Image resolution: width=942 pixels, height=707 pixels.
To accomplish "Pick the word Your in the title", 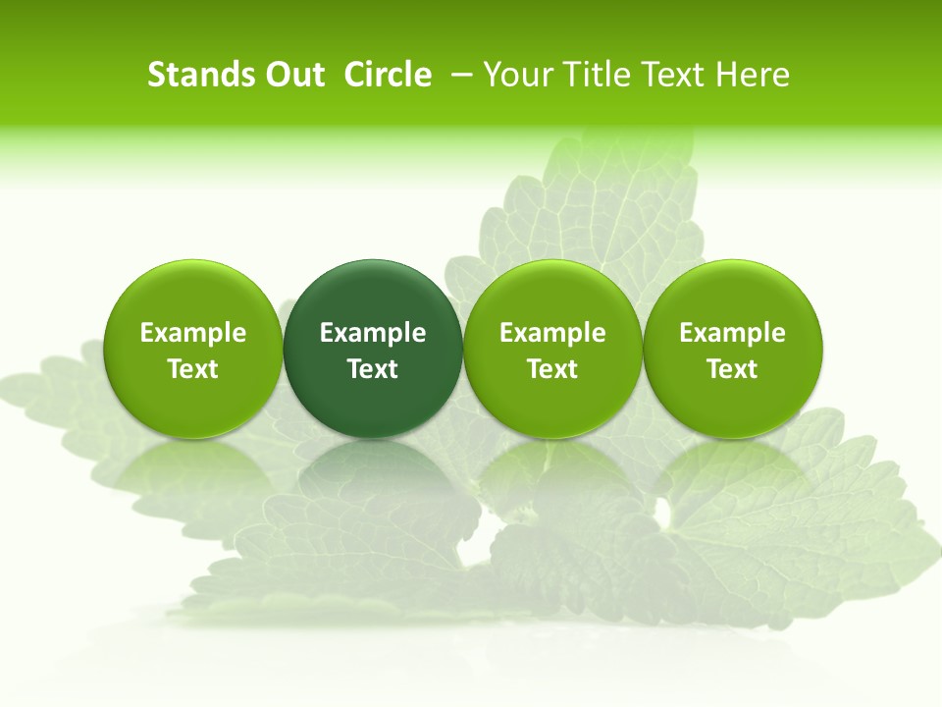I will (514, 75).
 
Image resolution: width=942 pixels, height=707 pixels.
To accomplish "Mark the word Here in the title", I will (754, 75).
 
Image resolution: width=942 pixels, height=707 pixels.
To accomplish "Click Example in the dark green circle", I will (373, 333).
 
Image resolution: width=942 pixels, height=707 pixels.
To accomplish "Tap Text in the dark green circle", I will (373, 369).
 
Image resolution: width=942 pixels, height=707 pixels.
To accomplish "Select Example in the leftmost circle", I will (193, 333).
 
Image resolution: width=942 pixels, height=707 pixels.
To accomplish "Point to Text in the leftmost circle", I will (193, 369).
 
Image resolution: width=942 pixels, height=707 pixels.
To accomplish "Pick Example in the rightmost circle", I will (733, 333).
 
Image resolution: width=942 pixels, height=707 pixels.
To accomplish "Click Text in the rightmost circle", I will (733, 369).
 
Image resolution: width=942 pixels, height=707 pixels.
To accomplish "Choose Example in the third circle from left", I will (553, 333).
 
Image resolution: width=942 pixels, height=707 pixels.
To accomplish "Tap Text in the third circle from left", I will (553, 369).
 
